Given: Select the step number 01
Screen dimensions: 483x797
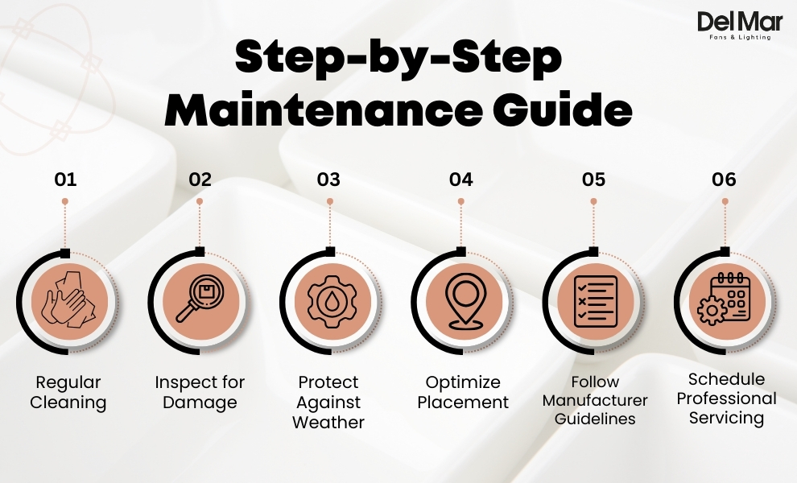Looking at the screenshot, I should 65,180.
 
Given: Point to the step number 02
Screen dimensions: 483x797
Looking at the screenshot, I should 200,180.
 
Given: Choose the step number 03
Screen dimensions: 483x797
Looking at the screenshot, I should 328,180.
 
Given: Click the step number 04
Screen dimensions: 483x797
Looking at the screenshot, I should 460,180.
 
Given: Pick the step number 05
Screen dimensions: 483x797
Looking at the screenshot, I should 593,180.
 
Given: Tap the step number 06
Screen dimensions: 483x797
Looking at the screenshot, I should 725,180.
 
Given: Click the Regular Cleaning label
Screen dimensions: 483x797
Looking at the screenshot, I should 68,392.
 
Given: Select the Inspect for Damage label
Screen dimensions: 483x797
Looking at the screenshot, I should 200,392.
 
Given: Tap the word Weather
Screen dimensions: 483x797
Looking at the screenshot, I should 328,423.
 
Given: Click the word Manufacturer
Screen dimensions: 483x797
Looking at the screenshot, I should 595,400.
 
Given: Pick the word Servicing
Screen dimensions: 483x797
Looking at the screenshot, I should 726,418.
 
